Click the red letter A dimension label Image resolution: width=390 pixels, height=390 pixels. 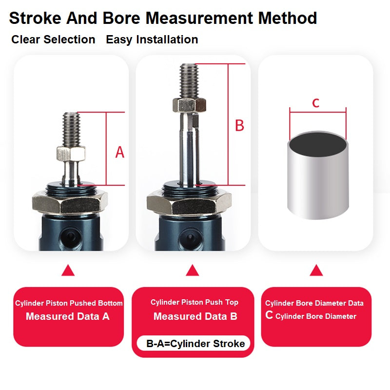119,152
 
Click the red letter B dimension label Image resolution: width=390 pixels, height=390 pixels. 239,125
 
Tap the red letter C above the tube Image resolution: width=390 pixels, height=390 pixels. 315,103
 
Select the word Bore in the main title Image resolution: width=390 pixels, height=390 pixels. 121,18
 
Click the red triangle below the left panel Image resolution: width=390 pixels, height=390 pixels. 68,270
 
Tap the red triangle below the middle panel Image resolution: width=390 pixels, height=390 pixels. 192,270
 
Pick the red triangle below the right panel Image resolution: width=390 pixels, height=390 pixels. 316,270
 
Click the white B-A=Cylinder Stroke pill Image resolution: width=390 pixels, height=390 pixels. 194,344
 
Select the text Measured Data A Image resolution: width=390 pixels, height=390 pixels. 68,316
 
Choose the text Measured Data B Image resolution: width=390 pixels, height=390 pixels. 195,316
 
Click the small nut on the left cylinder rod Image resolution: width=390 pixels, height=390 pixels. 71,154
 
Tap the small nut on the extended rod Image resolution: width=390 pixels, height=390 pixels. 190,105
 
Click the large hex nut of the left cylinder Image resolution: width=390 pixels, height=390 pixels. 70,202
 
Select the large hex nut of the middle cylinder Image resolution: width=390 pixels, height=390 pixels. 189,202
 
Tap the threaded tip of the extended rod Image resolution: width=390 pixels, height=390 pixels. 189,81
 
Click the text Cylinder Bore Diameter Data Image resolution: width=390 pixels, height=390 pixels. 314,303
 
